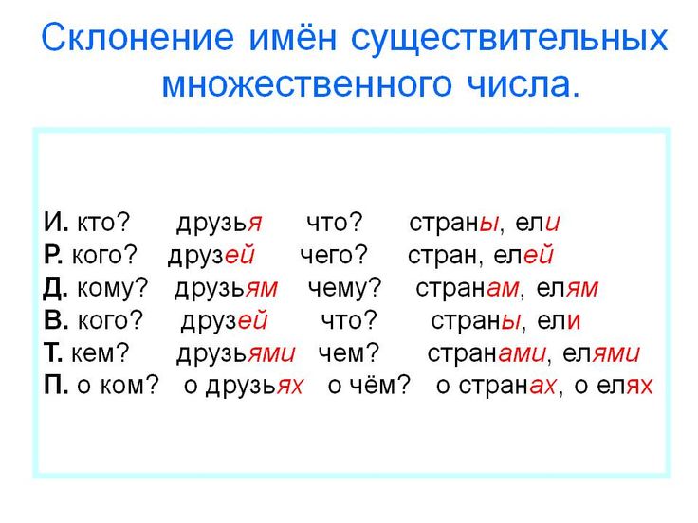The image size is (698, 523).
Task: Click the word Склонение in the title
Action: tap(138, 37)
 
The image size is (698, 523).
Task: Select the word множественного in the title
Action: tap(306, 84)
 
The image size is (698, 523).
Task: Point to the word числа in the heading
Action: tap(523, 84)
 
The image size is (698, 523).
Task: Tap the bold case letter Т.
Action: tap(53, 352)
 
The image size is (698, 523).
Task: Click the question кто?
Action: tap(103, 222)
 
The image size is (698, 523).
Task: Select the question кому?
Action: tap(112, 288)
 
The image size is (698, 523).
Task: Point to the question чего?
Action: tap(334, 256)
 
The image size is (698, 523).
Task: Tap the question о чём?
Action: tap(369, 385)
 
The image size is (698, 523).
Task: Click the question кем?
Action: tap(100, 353)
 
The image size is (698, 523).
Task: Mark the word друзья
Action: tap(219, 224)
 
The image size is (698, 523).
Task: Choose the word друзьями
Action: tap(236, 354)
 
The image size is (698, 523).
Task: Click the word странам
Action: tap(468, 288)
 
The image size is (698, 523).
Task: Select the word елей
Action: tap(523, 255)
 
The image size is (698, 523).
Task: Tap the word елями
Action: tap(601, 353)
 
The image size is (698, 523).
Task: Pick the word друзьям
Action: tap(226, 289)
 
